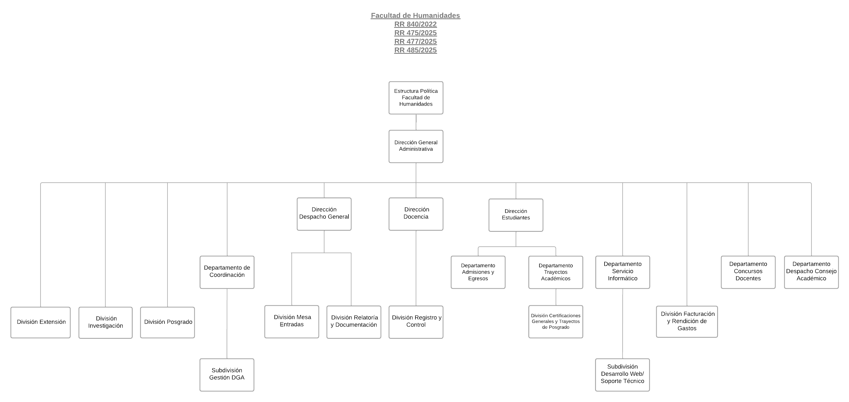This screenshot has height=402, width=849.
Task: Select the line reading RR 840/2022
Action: (415, 24)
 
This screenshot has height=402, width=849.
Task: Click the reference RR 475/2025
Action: (415, 33)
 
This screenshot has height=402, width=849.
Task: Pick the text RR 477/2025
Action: (415, 41)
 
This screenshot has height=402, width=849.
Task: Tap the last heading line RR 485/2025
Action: (415, 50)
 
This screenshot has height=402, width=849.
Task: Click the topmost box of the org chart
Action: (416, 98)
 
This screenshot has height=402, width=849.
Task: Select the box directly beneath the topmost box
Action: (416, 146)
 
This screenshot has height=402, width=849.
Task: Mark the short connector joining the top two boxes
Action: (416, 122)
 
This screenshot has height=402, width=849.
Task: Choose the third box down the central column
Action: (416, 214)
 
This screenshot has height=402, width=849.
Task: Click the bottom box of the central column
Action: (416, 322)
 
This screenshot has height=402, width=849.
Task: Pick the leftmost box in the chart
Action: (40, 323)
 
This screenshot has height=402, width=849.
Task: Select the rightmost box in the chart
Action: (811, 272)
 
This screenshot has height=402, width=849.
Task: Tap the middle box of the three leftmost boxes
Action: (105, 323)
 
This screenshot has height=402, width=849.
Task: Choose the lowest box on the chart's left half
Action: (227, 375)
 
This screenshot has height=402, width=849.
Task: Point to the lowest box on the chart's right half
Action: (622, 375)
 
